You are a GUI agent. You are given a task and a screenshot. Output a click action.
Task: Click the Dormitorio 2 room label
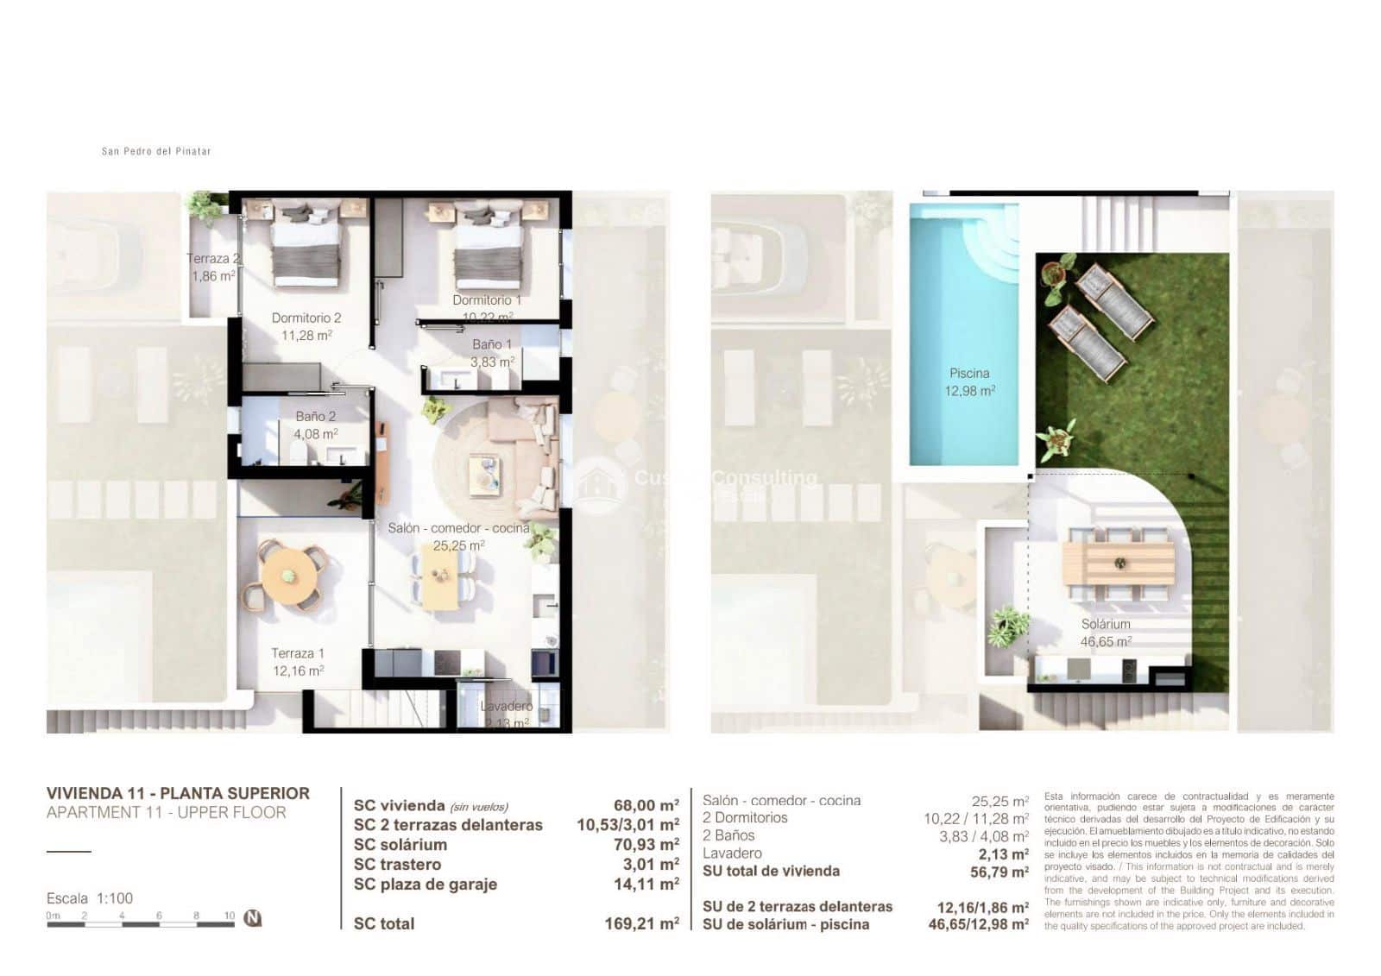pyautogui.click(x=306, y=318)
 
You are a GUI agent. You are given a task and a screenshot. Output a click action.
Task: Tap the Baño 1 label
pyautogui.click(x=492, y=344)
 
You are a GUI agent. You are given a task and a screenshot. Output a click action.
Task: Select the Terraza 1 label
pyautogui.click(x=298, y=653)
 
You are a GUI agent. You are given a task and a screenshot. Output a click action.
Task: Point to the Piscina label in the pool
pyautogui.click(x=969, y=374)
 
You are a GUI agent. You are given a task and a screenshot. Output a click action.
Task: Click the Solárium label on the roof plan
pyautogui.click(x=1106, y=624)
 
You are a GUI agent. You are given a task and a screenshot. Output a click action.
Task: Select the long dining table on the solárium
pyautogui.click(x=1119, y=564)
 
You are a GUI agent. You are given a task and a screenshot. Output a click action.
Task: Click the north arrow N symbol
pyautogui.click(x=252, y=918)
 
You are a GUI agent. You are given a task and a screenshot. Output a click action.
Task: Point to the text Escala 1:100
pyautogui.click(x=90, y=898)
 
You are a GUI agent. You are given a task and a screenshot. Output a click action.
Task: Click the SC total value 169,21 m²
pyautogui.click(x=641, y=924)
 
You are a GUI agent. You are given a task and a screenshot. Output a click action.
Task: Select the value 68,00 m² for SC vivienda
pyautogui.click(x=646, y=806)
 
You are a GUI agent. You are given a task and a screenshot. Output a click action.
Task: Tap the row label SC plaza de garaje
pyautogui.click(x=425, y=885)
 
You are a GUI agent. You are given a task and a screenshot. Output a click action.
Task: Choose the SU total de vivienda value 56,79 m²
pyautogui.click(x=999, y=872)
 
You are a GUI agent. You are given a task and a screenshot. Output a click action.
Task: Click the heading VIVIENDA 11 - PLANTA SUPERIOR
pyautogui.click(x=178, y=793)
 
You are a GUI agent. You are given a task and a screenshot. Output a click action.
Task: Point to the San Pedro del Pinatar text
pyautogui.click(x=156, y=152)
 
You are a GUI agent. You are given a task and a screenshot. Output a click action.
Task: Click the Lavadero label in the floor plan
pyautogui.click(x=507, y=706)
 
